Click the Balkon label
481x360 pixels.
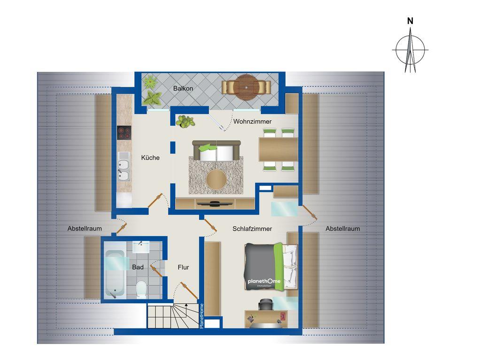(183, 88)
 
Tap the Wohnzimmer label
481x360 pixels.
(253, 122)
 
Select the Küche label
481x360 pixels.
(150, 158)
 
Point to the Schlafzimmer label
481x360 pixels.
(252, 229)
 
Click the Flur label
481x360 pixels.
(183, 267)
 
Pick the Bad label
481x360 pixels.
(138, 267)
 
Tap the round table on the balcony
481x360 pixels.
(246, 87)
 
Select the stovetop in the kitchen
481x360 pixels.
(124, 133)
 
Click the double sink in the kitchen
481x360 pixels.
(124, 169)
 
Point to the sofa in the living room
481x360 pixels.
(213, 152)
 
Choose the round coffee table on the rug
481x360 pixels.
(217, 180)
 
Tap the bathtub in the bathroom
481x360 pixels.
(115, 274)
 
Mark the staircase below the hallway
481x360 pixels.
(172, 316)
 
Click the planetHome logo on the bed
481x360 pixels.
(264, 282)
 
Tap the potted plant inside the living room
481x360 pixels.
(186, 121)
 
